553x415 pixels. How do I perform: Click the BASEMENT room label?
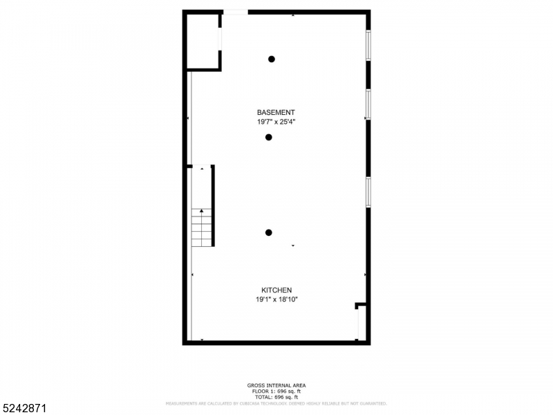tap(276, 112)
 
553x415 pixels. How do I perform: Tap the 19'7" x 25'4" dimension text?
tap(276, 122)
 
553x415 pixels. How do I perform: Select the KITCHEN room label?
tap(276, 290)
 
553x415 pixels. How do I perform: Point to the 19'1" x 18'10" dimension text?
tap(276, 299)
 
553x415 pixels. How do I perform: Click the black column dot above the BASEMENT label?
tap(272, 59)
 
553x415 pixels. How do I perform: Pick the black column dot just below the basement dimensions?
tap(269, 137)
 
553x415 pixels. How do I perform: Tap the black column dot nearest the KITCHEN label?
tap(269, 232)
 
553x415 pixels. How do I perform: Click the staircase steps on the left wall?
tap(201, 228)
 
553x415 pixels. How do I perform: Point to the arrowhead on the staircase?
tap(202, 210)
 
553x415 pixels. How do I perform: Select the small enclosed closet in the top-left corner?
tap(203, 41)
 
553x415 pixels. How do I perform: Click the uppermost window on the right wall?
tap(368, 46)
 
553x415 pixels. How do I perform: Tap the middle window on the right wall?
tap(368, 104)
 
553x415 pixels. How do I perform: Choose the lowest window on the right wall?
tap(368, 192)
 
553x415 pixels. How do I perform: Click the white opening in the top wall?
tap(235, 12)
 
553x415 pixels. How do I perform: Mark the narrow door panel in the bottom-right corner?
tap(358, 324)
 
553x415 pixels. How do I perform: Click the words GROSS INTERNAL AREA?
tap(276, 385)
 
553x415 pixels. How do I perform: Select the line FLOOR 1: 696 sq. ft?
tap(276, 391)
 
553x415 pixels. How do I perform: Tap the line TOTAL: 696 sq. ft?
tap(276, 397)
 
